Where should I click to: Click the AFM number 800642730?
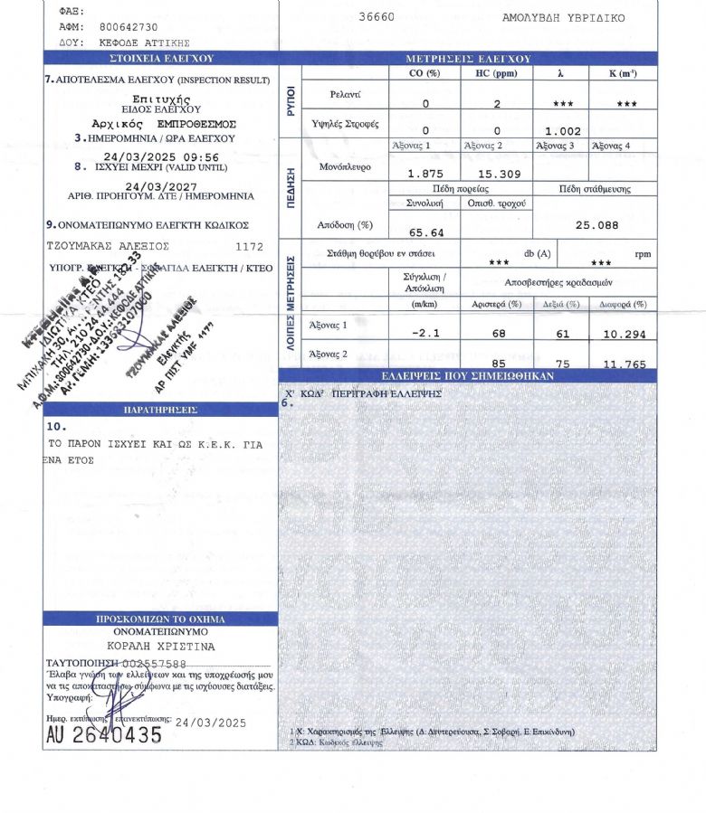pyautogui.click(x=129, y=28)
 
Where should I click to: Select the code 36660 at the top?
pyautogui.click(x=376, y=17)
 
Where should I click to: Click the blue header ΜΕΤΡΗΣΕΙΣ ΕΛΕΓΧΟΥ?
pyautogui.click(x=467, y=59)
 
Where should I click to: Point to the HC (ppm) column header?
pyautogui.click(x=496, y=72)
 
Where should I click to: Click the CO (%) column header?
pyautogui.click(x=425, y=72)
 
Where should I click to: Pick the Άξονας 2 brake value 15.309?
pyautogui.click(x=496, y=174)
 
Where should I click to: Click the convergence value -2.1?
pyautogui.click(x=425, y=334)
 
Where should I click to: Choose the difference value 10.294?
pyautogui.click(x=623, y=334)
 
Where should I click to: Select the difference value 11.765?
pyautogui.click(x=623, y=364)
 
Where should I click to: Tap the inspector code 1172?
pyautogui.click(x=249, y=245)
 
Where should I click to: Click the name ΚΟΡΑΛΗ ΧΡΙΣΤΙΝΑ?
pyautogui.click(x=160, y=647)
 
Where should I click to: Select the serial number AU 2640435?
pyautogui.click(x=104, y=735)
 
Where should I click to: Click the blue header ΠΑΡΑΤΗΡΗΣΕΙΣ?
pyautogui.click(x=160, y=410)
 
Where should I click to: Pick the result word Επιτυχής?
pyautogui.click(x=160, y=98)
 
